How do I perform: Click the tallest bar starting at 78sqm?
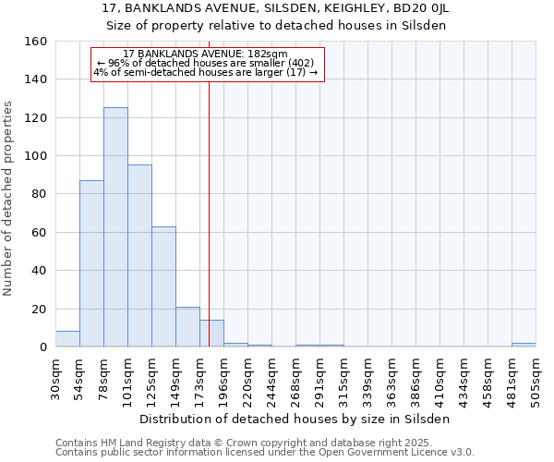(115, 227)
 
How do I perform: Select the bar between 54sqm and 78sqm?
(91, 263)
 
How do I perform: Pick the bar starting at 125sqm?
(163, 286)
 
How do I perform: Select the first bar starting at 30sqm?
(67, 339)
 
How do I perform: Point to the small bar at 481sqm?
(524, 345)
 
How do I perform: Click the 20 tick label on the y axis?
(39, 309)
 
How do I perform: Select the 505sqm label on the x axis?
(536, 379)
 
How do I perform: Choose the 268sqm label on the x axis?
(296, 379)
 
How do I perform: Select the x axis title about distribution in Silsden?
(295, 419)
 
